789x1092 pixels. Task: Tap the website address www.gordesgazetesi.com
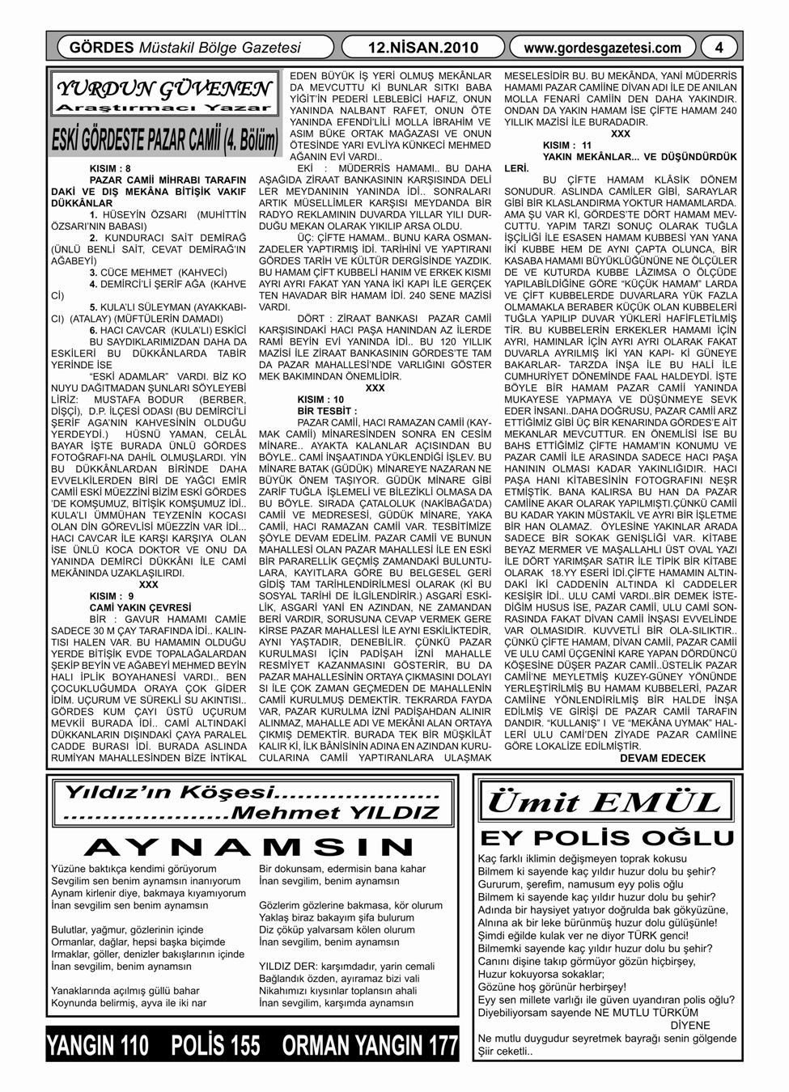pyautogui.click(x=603, y=48)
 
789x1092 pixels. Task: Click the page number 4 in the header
pyautogui.click(x=718, y=48)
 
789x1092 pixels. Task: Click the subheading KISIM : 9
pyautogui.click(x=112, y=595)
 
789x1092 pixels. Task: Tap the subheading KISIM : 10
pyautogui.click(x=320, y=400)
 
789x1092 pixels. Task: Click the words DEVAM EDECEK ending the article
pyautogui.click(x=663, y=758)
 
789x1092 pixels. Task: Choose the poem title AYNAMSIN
pyautogui.click(x=251, y=847)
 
